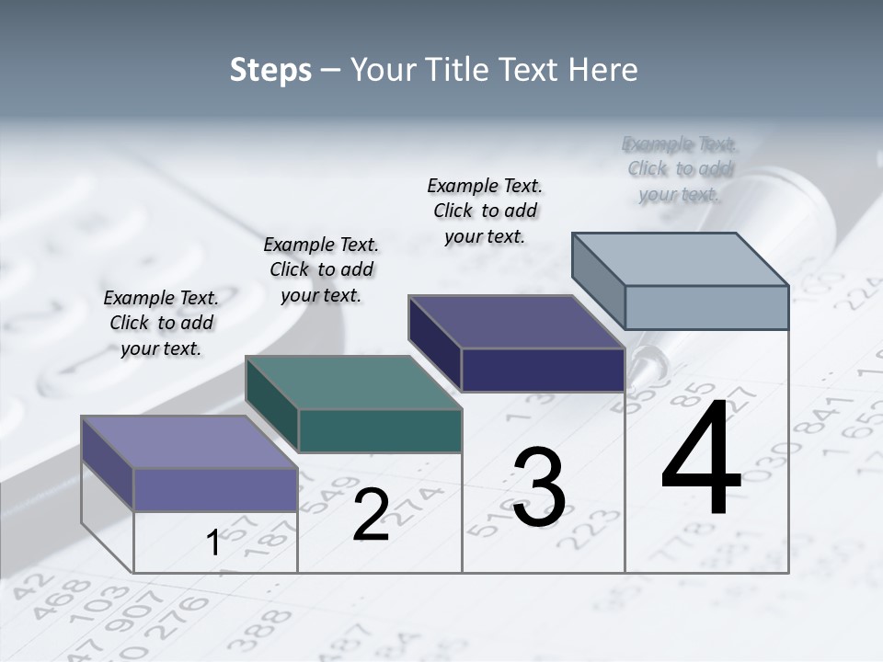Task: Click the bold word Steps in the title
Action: click(x=270, y=70)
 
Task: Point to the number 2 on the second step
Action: click(x=371, y=514)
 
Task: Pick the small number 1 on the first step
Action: click(x=213, y=543)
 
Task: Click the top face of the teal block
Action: click(x=353, y=382)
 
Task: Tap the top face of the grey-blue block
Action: click(x=680, y=258)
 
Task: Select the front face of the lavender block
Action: click(x=215, y=489)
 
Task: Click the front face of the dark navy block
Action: click(x=543, y=370)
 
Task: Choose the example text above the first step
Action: click(x=161, y=323)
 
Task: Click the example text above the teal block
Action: click(x=321, y=269)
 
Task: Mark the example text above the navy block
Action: click(x=485, y=211)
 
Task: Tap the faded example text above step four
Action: click(x=680, y=168)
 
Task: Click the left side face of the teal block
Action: click(x=272, y=405)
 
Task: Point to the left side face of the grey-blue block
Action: click(x=599, y=280)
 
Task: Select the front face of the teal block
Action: click(x=380, y=430)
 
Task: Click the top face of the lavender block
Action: click(x=189, y=441)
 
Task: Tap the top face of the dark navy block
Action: click(x=516, y=322)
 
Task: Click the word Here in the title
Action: click(x=603, y=70)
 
